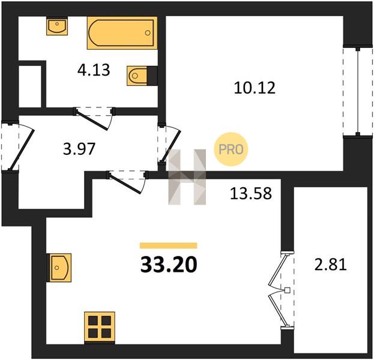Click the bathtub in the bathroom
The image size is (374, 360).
pos(122,33)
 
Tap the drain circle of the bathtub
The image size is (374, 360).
pos(148,33)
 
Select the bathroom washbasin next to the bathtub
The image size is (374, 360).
pos(57,26)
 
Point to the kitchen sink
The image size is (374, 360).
pos(60,268)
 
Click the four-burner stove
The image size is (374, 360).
pos(100,328)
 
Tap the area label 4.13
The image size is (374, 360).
pos(94,70)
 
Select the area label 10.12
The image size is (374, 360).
pos(255,88)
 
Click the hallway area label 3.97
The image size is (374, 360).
pos(79,149)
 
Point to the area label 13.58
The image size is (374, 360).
pos(251,193)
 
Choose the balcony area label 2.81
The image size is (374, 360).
pos(330,265)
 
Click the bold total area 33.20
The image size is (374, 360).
pos(169,265)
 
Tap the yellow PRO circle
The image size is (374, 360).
pos(231,149)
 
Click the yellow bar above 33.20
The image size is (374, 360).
pos(169,245)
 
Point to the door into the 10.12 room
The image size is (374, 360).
pos(170,145)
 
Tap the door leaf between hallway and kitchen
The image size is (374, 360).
pos(125,183)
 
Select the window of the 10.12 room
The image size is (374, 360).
pos(358,91)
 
